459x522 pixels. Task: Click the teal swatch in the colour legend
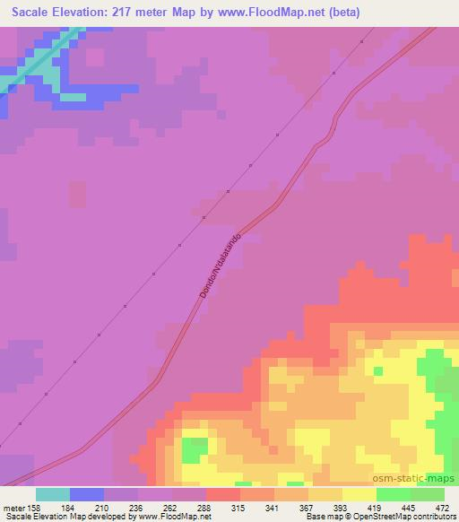click(x=53, y=494)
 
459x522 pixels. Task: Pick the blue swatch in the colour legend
click(x=87, y=494)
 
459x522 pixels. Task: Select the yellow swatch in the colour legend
click(x=359, y=494)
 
